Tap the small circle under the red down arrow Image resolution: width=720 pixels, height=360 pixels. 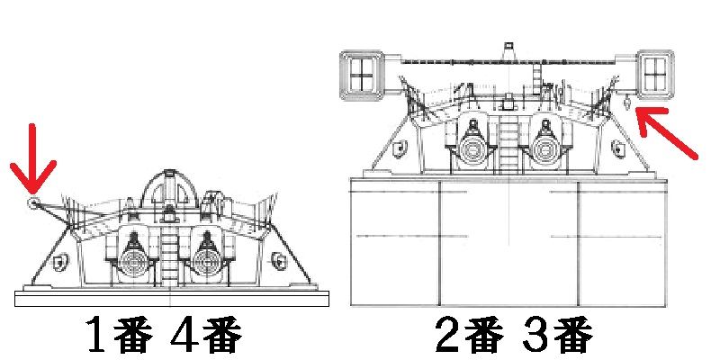point(32,204)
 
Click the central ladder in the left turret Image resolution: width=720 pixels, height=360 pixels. point(171,256)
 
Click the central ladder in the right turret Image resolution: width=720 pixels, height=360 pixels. point(508,144)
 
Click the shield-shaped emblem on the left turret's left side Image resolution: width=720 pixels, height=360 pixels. point(58,262)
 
